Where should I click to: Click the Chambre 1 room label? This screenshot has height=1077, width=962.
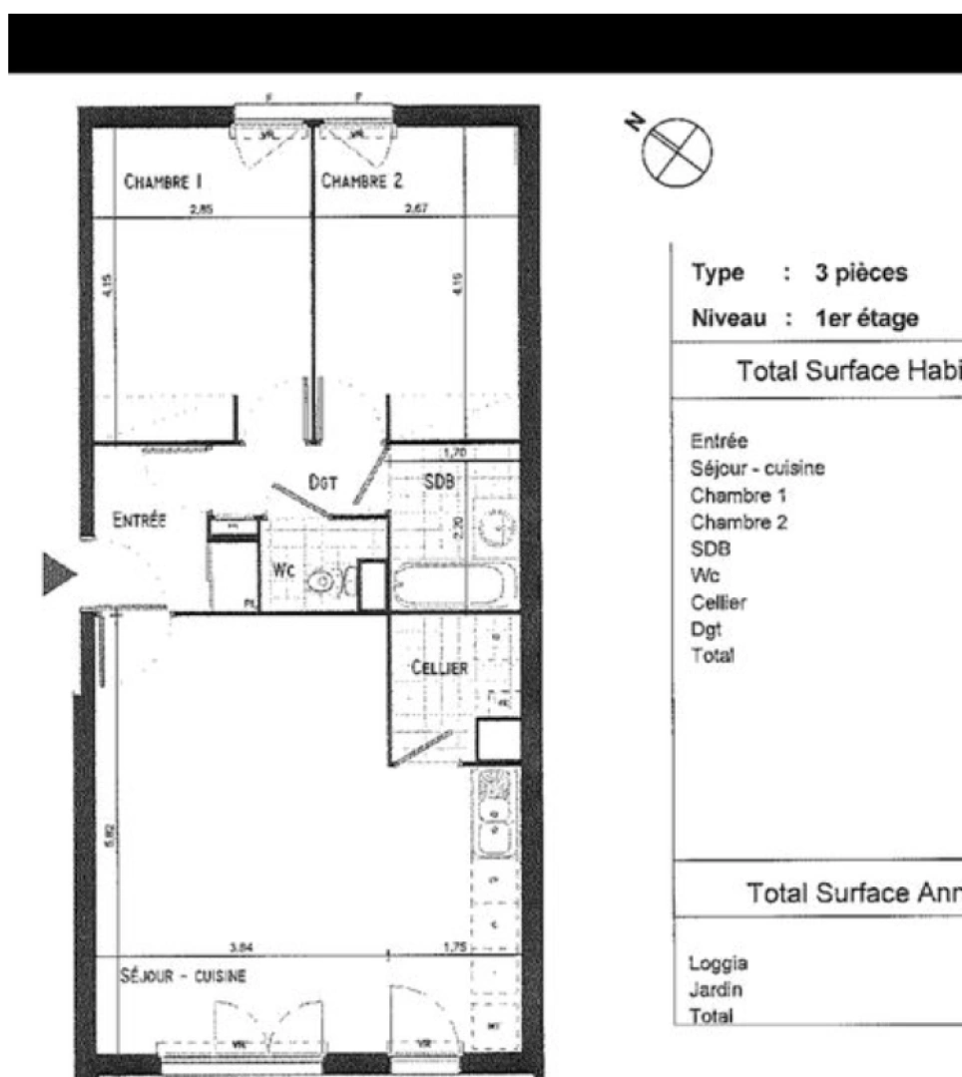pos(164,181)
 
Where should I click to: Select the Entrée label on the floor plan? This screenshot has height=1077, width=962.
pos(139,520)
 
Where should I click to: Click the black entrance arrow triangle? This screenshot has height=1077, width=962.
pos(58,574)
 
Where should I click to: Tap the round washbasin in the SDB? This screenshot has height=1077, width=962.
pos(496,526)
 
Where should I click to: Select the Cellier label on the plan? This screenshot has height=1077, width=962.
pos(440,667)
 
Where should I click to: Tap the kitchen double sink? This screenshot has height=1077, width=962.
pos(493,814)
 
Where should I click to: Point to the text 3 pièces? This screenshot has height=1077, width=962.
pos(861,273)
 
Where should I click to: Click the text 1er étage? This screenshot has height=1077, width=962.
pos(866,318)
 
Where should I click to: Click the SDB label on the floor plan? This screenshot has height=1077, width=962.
pos(439,481)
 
